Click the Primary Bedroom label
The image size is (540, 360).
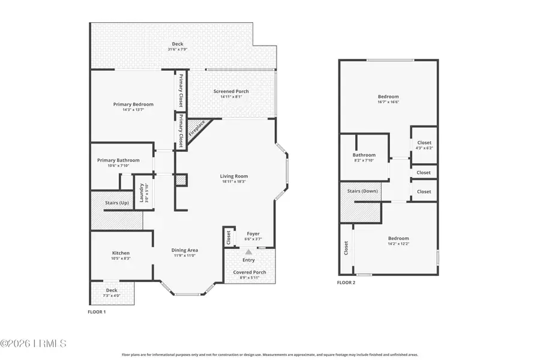133,104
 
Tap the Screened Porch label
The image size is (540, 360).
231,91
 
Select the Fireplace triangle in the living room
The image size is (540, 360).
196,128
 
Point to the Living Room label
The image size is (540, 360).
234,176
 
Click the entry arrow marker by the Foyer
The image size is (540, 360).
248,252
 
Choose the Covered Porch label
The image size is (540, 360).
249,272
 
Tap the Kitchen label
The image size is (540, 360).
121,253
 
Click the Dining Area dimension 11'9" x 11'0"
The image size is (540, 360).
185,256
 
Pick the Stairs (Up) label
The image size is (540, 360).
116,203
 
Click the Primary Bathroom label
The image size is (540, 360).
119,160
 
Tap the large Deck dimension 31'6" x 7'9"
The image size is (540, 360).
178,49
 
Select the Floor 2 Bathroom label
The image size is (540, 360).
364,155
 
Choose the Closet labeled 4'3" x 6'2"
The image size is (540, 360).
424,148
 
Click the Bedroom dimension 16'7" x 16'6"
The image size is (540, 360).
388,102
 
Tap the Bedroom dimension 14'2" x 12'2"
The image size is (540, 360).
398,244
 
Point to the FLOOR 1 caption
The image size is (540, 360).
97,313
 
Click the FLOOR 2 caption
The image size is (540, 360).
346,282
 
